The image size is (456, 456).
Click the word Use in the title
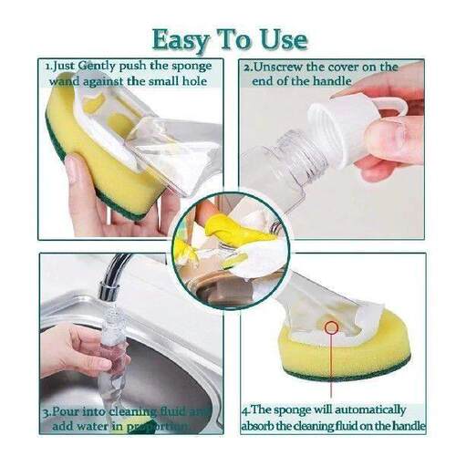tap(282, 39)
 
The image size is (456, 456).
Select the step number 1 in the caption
tap(47, 67)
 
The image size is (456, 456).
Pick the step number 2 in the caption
tap(246, 67)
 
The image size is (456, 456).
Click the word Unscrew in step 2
tap(278, 67)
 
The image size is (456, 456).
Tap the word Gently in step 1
tap(100, 67)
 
